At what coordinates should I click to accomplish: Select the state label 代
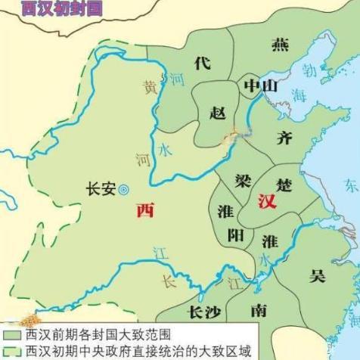[x=201, y=64]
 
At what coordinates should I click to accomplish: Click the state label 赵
[x=217, y=113]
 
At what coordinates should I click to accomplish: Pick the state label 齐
[x=285, y=138]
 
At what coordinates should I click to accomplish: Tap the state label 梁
[x=242, y=181]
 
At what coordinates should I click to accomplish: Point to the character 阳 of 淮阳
[x=235, y=235]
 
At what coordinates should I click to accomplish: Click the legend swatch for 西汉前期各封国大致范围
[x=11, y=334]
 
